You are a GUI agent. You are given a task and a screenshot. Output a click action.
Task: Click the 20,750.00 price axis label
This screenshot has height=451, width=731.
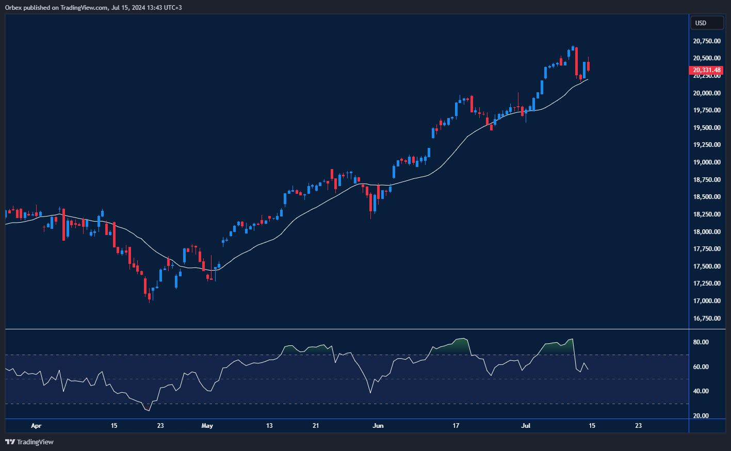tap(706, 41)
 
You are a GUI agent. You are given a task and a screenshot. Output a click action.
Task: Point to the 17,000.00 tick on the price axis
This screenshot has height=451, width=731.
tap(706, 301)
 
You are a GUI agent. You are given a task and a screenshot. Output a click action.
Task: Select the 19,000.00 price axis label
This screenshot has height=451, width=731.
tap(706, 162)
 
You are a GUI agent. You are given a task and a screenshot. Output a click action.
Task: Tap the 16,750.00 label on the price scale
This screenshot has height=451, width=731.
tap(706, 319)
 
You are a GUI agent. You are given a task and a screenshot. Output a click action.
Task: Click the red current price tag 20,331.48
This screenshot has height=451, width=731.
tap(706, 70)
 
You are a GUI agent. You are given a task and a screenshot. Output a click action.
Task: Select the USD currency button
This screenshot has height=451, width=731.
tap(706, 23)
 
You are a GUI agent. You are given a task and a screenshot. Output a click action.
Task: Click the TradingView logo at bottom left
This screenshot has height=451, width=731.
tap(29, 442)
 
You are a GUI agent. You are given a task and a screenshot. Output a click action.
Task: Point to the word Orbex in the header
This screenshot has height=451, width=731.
tap(14, 8)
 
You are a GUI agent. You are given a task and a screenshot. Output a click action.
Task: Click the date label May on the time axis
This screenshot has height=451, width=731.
tap(207, 426)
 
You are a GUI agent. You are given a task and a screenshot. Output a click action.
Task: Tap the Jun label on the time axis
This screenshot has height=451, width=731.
tap(378, 426)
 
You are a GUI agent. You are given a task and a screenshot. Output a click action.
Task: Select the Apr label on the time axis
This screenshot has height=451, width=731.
tap(36, 426)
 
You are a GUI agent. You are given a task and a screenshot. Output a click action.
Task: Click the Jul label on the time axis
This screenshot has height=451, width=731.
tap(526, 426)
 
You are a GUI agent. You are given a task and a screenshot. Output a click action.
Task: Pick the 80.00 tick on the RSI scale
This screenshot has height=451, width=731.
tap(701, 342)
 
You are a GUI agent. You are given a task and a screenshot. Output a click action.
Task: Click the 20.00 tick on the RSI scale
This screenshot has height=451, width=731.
tap(701, 416)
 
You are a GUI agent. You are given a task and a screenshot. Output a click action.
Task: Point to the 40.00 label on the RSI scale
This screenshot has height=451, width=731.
tap(701, 391)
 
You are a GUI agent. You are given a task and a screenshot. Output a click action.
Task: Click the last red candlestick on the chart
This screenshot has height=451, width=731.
tap(588, 66)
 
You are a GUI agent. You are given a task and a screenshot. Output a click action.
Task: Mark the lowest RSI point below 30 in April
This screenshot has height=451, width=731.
tap(149, 411)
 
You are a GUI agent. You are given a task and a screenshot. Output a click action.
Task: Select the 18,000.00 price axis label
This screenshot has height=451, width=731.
tap(706, 232)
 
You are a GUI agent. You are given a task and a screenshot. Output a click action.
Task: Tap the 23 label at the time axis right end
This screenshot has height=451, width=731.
tap(638, 426)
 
